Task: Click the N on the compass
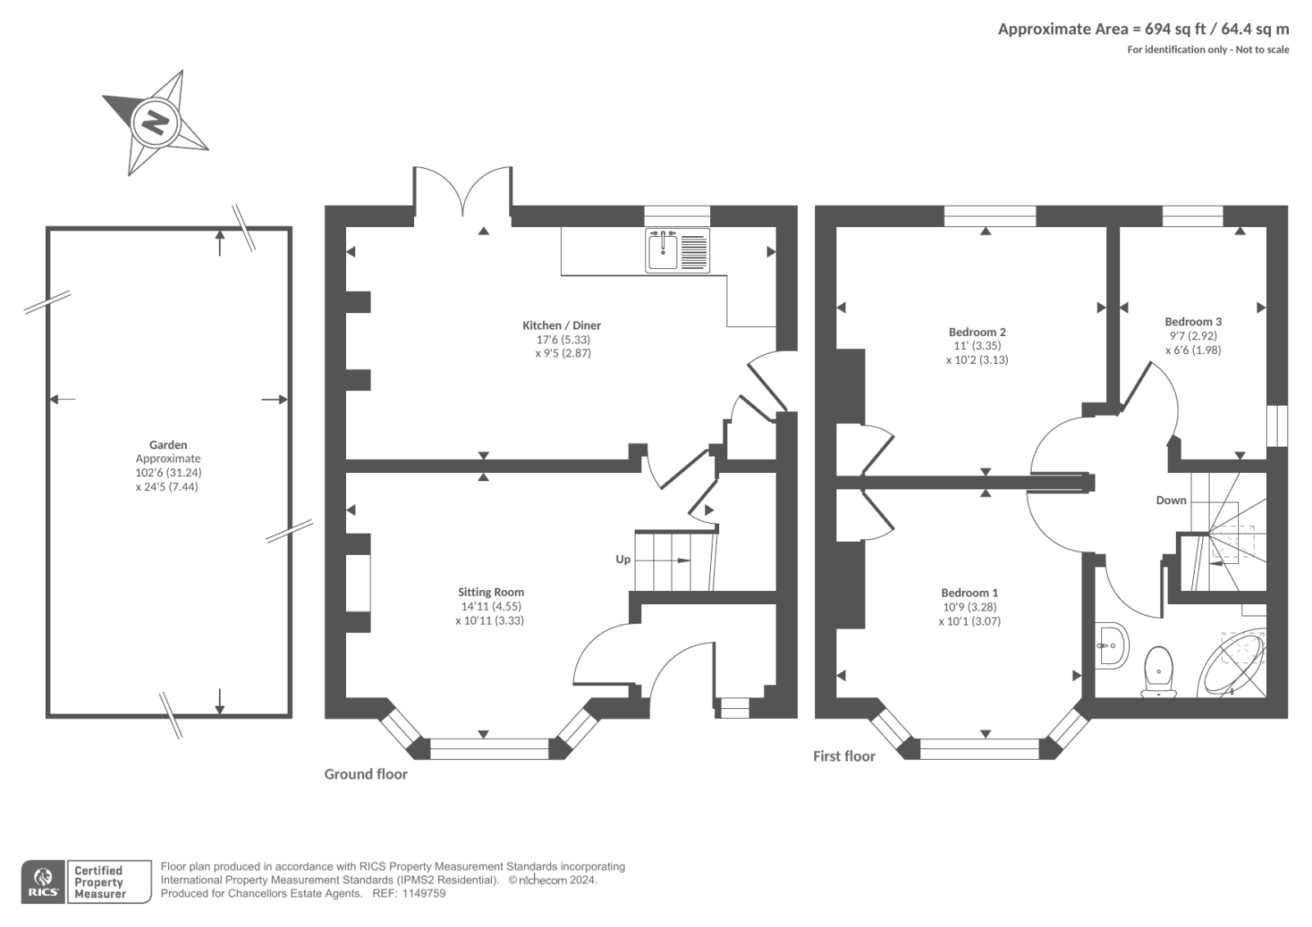pyautogui.click(x=155, y=123)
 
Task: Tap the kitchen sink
pyautogui.click(x=663, y=250)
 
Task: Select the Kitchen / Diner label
pyautogui.click(x=562, y=325)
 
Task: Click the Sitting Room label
pyautogui.click(x=490, y=592)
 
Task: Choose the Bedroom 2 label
pyautogui.click(x=977, y=332)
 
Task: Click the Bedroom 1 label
pyautogui.click(x=969, y=593)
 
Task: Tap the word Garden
pyautogui.click(x=168, y=445)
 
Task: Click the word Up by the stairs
pyautogui.click(x=623, y=559)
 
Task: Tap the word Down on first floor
pyautogui.click(x=1171, y=500)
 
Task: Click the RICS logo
pyautogui.click(x=43, y=882)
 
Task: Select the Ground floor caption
pyautogui.click(x=366, y=774)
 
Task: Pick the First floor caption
pyautogui.click(x=844, y=756)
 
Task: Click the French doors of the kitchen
pyautogui.click(x=463, y=195)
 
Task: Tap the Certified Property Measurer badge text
pyautogui.click(x=100, y=882)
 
